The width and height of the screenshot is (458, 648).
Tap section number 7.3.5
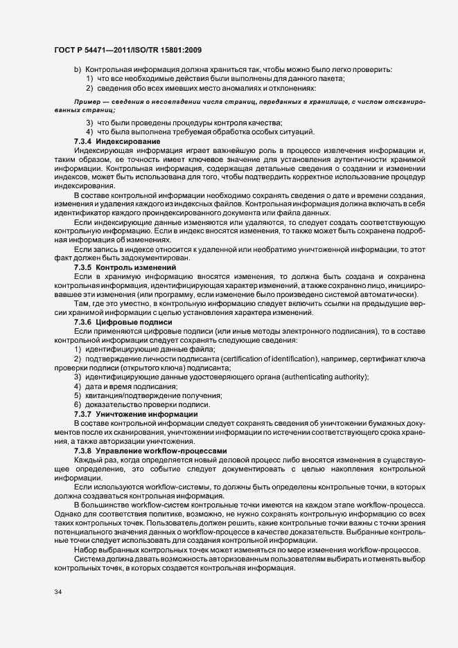83,267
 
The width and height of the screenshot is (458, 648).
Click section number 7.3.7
83,414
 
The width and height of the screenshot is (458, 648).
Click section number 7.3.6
83,323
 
